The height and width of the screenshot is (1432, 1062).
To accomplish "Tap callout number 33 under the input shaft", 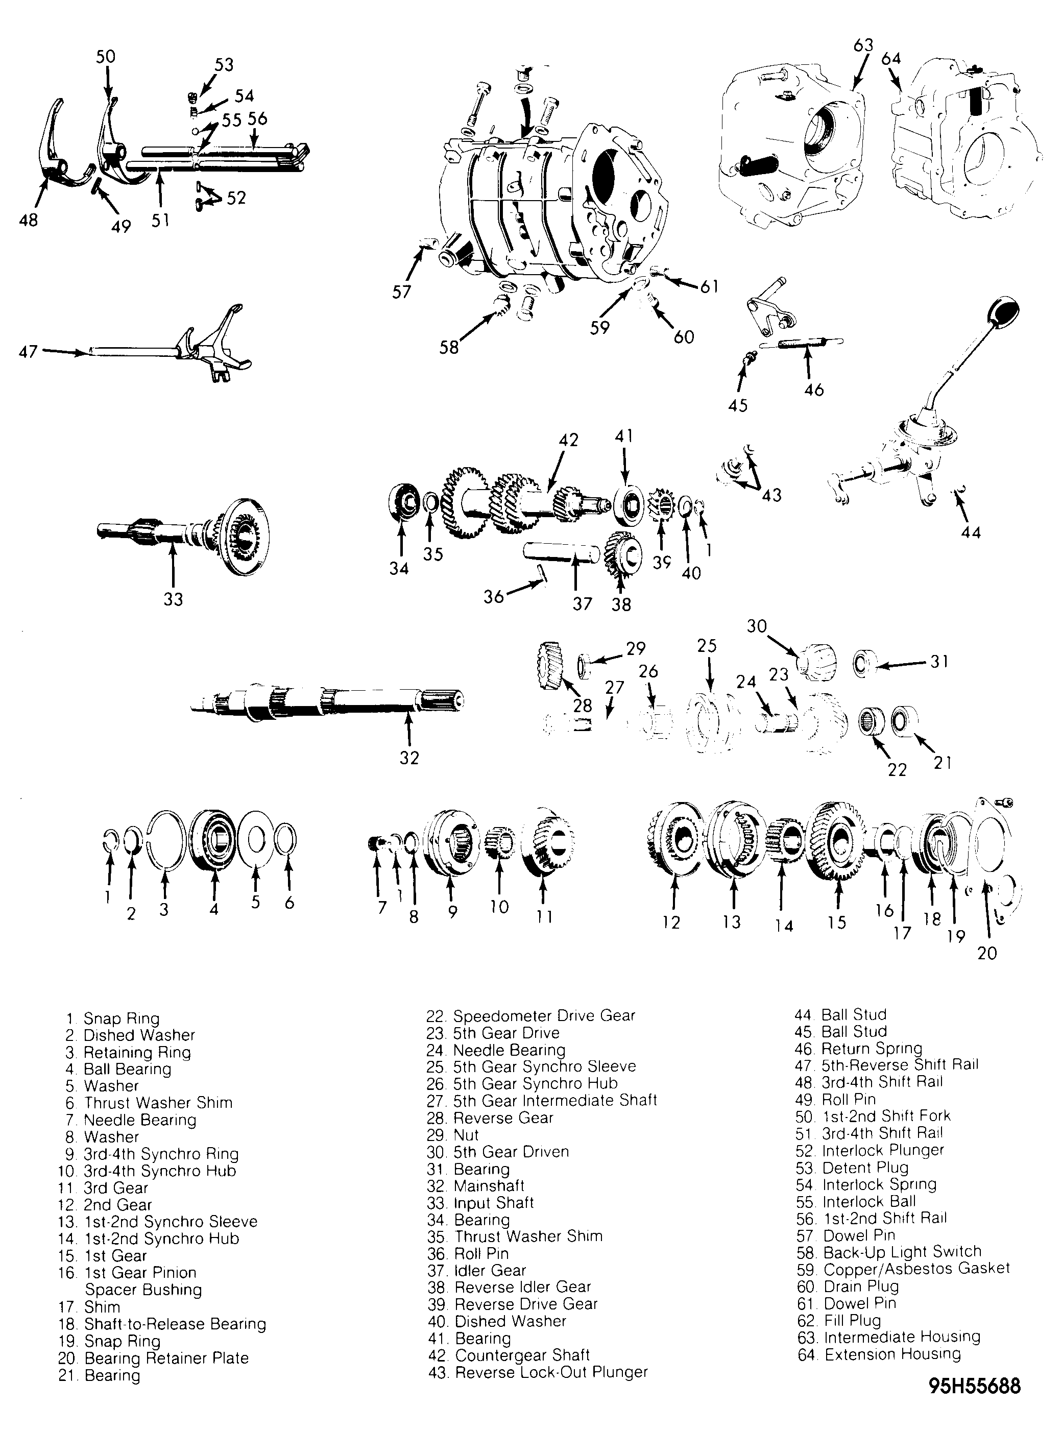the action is tap(173, 599).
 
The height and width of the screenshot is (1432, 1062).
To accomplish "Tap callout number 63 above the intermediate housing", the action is tap(863, 45).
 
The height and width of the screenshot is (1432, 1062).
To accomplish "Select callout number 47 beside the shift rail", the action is tap(28, 352).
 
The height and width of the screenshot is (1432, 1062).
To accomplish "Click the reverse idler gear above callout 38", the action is tap(622, 555).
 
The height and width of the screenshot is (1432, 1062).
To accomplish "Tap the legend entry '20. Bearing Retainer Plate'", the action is tap(153, 1358).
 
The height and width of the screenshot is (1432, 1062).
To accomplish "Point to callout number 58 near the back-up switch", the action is tap(449, 347).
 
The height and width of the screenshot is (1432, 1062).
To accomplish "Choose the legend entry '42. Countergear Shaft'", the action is tap(509, 1355).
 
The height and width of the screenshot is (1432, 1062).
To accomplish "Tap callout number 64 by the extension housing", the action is tap(891, 59).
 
